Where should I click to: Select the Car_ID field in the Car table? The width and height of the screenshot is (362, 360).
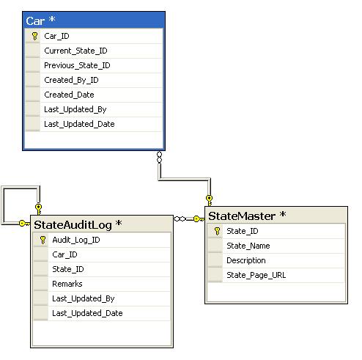tap(56, 36)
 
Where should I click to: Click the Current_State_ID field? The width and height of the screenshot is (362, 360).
tap(75, 51)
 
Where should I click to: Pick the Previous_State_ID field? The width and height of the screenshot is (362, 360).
tap(77, 65)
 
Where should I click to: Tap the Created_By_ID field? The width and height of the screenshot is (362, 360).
tap(71, 80)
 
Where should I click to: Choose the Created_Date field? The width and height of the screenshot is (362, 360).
tap(69, 95)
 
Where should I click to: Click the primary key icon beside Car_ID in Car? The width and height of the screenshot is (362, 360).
tap(34, 36)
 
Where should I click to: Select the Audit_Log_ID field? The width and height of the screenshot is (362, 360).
tap(76, 240)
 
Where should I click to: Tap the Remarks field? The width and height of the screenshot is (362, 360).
tap(67, 284)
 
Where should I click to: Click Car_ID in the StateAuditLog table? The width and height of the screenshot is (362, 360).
tap(64, 254)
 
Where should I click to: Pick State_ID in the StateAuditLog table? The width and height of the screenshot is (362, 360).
tap(68, 269)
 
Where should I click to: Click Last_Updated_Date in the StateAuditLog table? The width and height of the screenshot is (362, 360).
tap(87, 313)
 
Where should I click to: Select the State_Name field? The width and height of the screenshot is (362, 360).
tap(248, 246)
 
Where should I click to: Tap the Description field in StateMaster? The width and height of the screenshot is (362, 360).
tap(246, 260)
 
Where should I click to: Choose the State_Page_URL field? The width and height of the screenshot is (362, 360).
tap(256, 275)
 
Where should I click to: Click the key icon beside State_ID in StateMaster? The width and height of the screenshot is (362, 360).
tap(217, 231)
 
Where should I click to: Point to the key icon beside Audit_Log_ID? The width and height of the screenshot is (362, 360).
tap(43, 240)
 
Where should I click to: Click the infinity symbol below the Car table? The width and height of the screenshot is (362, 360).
tap(159, 158)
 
